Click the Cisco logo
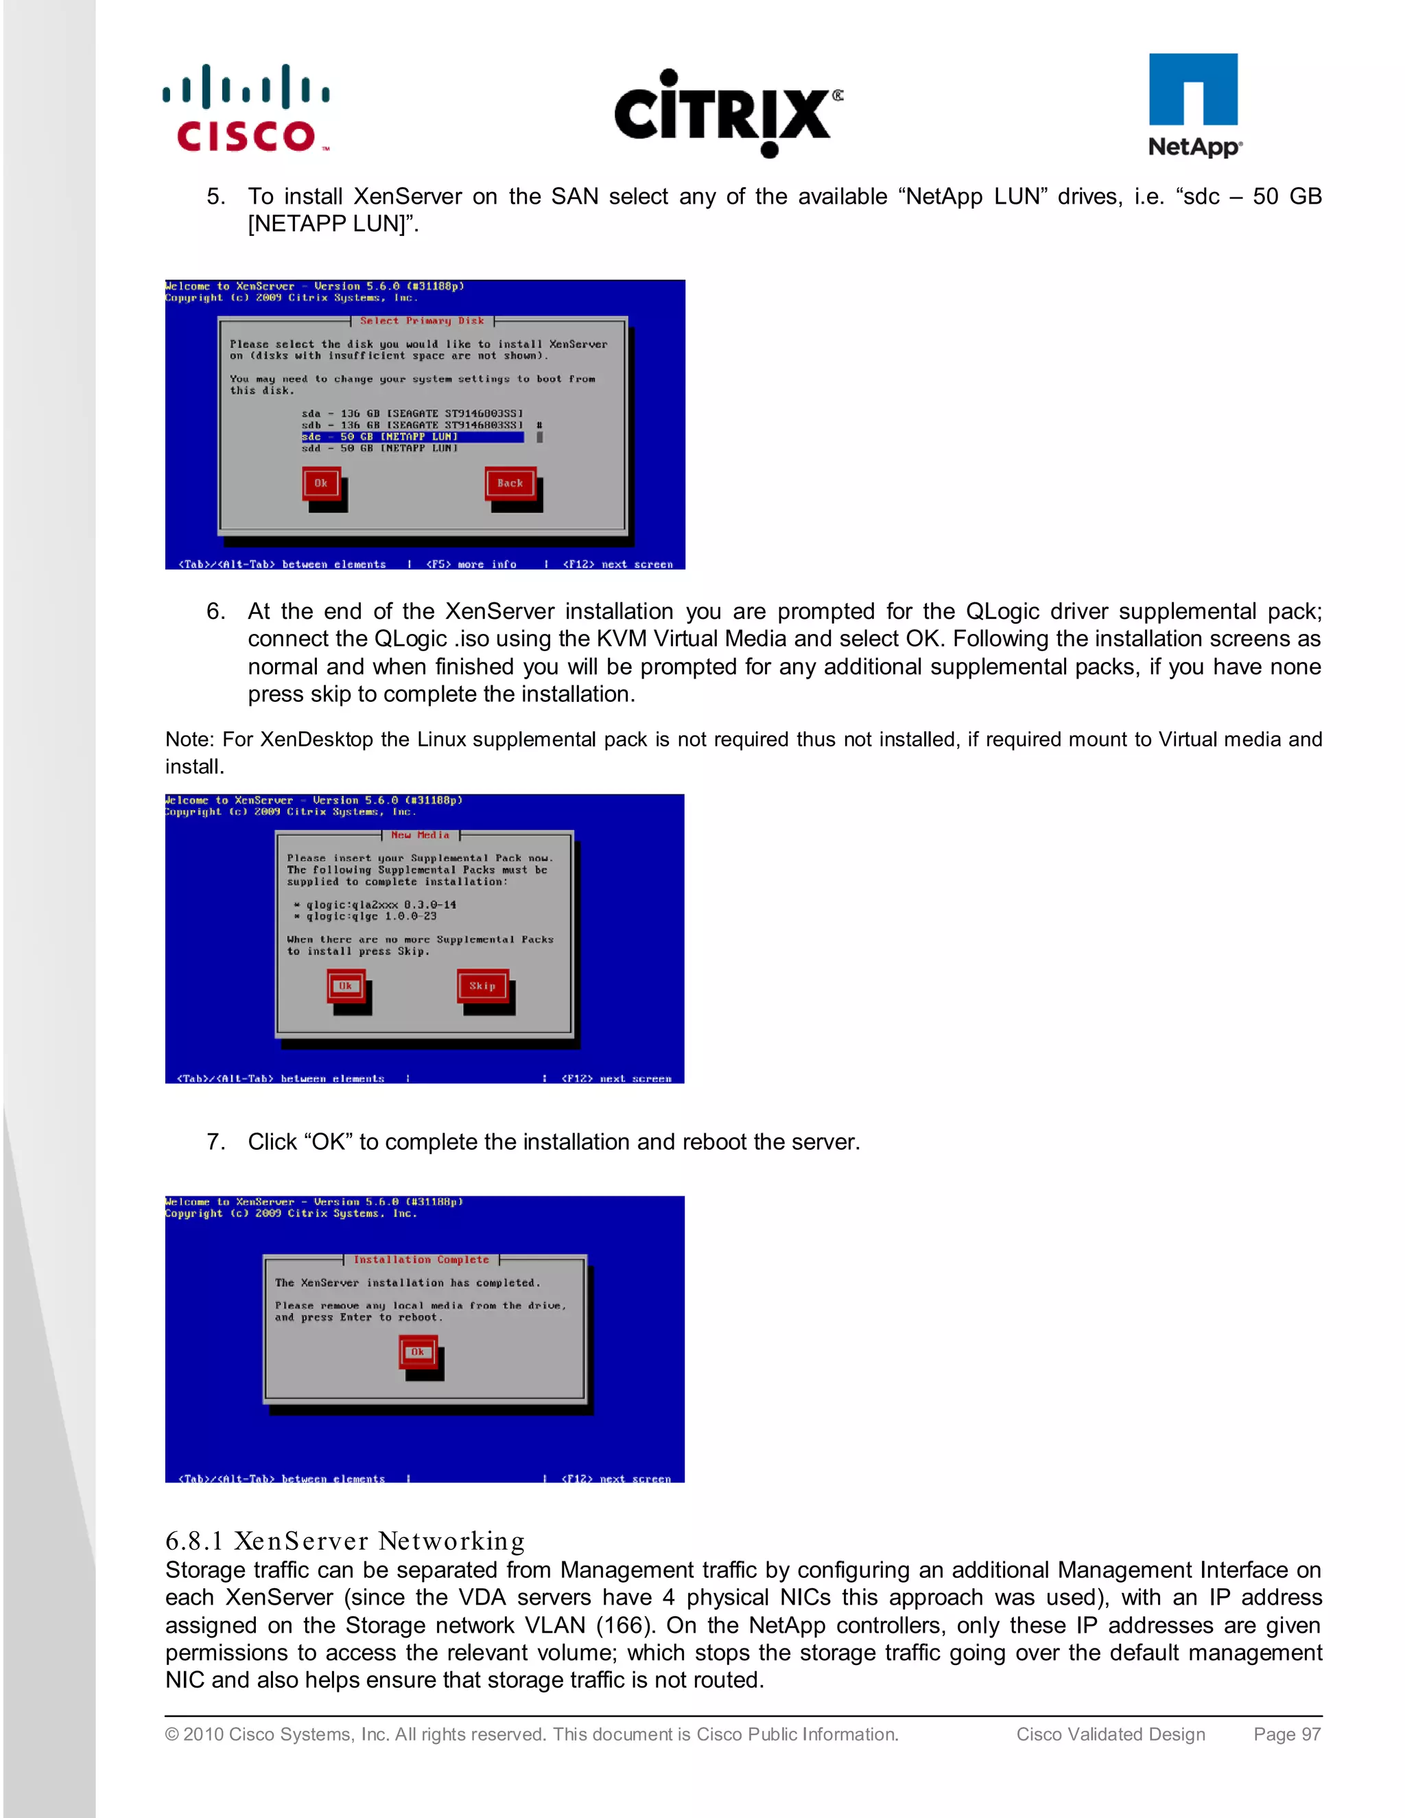[x=246, y=108]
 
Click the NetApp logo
[x=1194, y=106]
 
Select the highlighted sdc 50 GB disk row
[x=412, y=437]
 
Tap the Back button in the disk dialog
[x=510, y=484]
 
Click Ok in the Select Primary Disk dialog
[x=320, y=484]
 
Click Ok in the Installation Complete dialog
[x=417, y=1353]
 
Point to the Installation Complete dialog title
[x=421, y=1260]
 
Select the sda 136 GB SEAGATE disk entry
[x=412, y=414]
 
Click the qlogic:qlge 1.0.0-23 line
[x=370, y=917]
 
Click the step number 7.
[x=215, y=1142]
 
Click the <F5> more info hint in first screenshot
[x=471, y=565]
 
